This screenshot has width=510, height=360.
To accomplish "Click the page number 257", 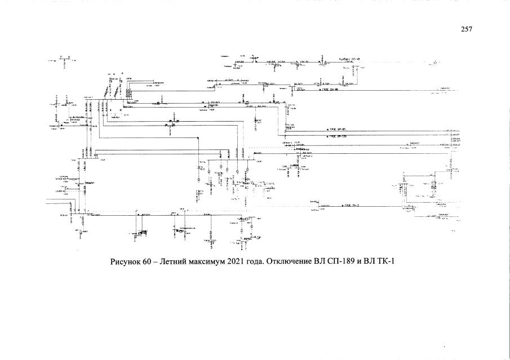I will click(466, 29).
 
